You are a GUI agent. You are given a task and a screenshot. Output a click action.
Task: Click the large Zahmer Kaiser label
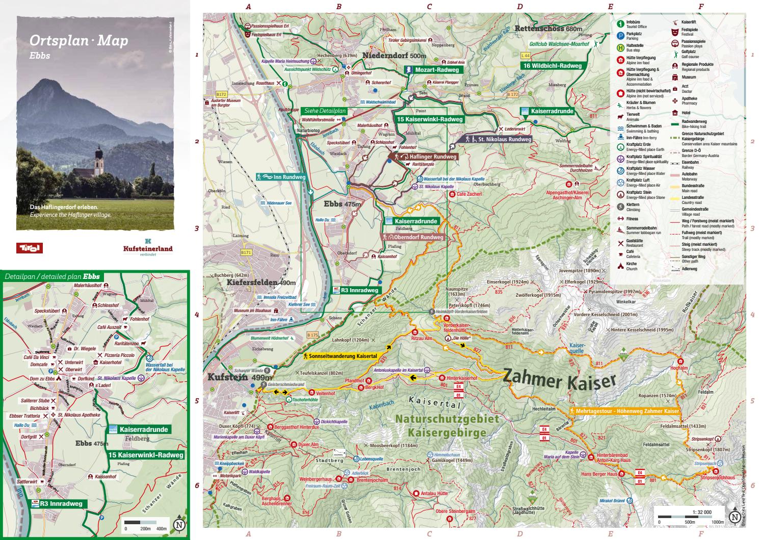(x=560, y=380)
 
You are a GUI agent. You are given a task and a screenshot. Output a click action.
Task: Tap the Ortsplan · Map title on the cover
(x=78, y=41)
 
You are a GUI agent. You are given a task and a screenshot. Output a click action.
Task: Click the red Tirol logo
(x=29, y=248)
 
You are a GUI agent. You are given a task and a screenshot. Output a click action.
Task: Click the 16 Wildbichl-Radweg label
(x=552, y=66)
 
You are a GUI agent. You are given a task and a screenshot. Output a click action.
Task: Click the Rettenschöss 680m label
(x=548, y=29)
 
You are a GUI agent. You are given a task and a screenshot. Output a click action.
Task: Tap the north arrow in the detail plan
(x=179, y=524)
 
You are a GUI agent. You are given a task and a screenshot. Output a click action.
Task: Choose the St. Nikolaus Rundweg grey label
(x=497, y=139)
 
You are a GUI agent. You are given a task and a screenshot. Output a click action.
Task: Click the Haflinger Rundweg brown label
(x=426, y=157)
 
